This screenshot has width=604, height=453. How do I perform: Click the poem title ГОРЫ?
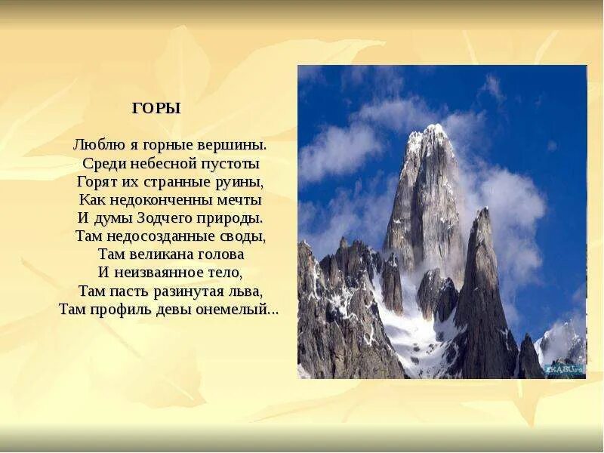pos(156,108)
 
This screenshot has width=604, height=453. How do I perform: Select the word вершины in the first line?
pos(236,144)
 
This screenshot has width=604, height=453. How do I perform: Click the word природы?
pos(231,218)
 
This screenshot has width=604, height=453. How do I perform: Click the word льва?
pos(247,291)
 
